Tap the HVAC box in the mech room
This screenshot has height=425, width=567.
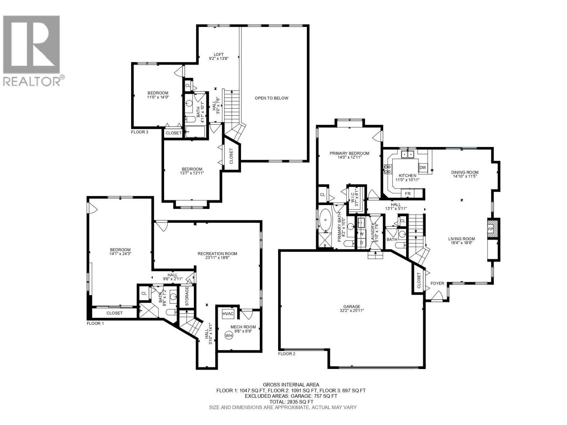(228, 314)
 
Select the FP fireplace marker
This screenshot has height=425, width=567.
(490, 229)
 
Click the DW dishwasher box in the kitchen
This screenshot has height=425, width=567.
(422, 168)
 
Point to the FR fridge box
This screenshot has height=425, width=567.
(408, 194)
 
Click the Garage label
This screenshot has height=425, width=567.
(352, 307)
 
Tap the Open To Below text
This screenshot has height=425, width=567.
(271, 98)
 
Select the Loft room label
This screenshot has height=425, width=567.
(219, 54)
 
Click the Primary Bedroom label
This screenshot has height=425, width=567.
(349, 153)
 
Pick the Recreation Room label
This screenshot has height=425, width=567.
(217, 254)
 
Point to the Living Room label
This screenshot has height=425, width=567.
(461, 239)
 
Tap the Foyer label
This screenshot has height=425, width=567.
(437, 283)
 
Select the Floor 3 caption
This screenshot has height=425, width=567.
(140, 132)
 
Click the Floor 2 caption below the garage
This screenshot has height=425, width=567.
(286, 353)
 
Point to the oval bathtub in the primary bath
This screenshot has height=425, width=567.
(325, 221)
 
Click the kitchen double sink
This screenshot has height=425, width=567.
(408, 154)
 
